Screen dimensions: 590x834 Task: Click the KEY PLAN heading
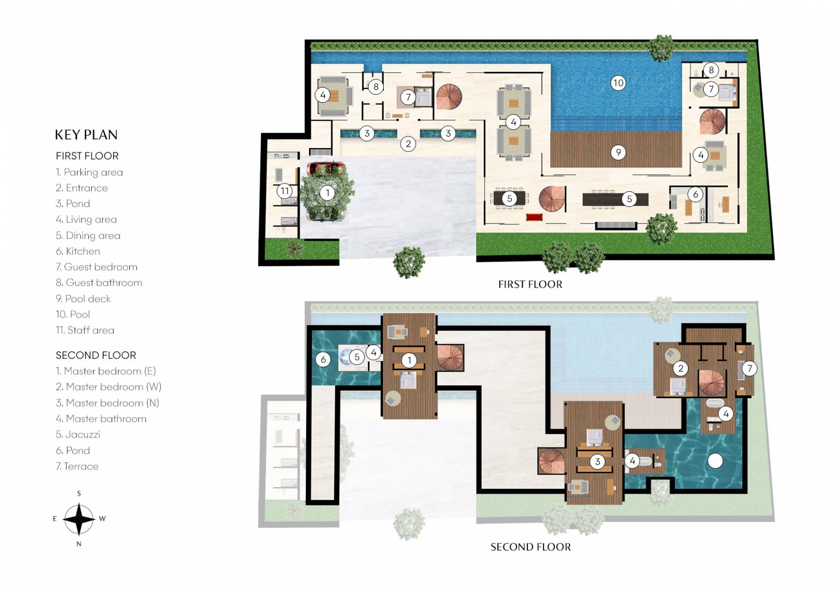tap(86, 135)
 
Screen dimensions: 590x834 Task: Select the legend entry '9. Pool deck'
tap(83, 298)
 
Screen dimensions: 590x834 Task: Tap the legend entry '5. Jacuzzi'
tap(78, 434)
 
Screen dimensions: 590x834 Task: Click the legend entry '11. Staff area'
tap(85, 330)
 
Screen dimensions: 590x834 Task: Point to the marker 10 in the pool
tap(618, 83)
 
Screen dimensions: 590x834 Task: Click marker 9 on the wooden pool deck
tap(618, 152)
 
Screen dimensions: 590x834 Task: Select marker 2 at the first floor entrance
tap(408, 144)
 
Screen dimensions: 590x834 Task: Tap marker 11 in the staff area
tap(285, 191)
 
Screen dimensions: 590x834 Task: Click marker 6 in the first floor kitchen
tap(695, 194)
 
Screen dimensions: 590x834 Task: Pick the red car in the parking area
tap(325, 167)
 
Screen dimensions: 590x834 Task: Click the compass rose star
tap(79, 519)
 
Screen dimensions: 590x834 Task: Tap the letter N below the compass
tap(79, 544)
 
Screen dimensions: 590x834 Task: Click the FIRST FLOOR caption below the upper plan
tap(530, 284)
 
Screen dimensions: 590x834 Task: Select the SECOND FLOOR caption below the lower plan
tap(530, 547)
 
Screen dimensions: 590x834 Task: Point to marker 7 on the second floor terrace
tap(749, 368)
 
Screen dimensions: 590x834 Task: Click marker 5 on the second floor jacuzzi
tap(357, 357)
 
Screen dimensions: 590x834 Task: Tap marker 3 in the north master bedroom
tap(597, 461)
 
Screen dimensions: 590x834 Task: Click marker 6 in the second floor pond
tap(323, 359)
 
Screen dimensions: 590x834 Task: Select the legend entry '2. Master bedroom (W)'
tap(108, 387)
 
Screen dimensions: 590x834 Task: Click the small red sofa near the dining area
tap(534, 217)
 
